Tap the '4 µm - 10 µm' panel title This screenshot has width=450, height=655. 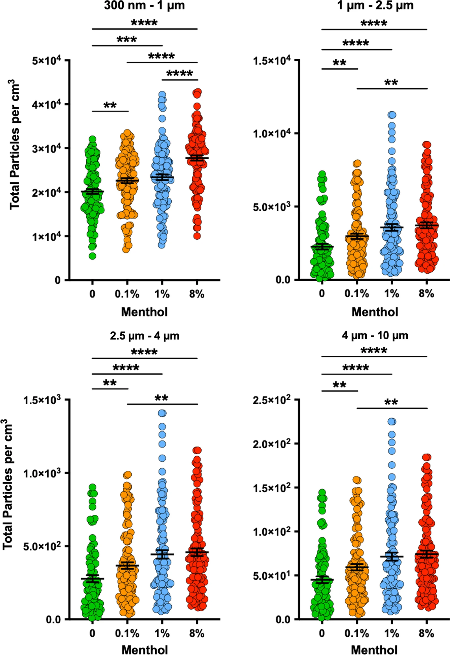pyautogui.click(x=375, y=335)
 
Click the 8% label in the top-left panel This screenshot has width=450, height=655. pyautogui.click(x=197, y=294)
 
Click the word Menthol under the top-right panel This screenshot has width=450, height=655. pyautogui.click(x=375, y=312)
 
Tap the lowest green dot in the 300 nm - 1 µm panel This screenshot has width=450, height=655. pyautogui.click(x=92, y=256)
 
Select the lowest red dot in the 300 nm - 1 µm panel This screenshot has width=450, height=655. pyautogui.click(x=197, y=236)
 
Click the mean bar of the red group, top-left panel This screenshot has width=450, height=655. pyautogui.click(x=197, y=158)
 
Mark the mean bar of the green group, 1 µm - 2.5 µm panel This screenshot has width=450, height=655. pyautogui.click(x=322, y=246)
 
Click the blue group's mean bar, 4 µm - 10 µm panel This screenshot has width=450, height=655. pyautogui.click(x=392, y=556)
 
